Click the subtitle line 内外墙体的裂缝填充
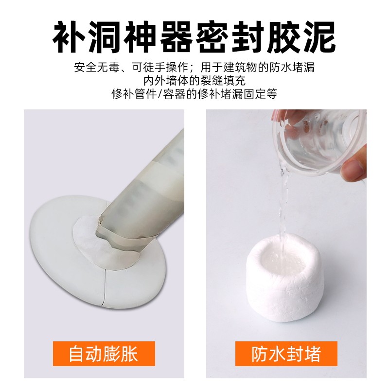(194, 81)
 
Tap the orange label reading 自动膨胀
(104, 354)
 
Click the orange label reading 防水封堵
(286, 354)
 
